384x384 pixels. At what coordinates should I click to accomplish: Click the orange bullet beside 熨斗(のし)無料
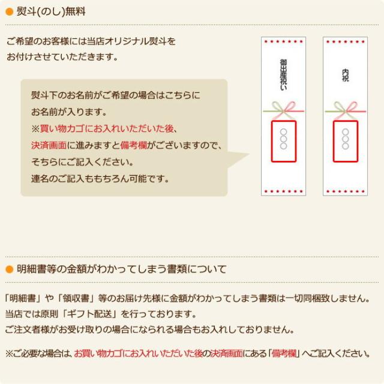click(x=9, y=11)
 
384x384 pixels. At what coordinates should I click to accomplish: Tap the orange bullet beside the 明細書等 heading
click(x=9, y=268)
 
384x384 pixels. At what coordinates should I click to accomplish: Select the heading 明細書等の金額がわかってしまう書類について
click(x=122, y=268)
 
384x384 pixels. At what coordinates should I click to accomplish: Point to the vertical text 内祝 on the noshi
click(x=345, y=75)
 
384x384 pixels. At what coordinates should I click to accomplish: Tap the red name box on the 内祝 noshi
click(x=345, y=141)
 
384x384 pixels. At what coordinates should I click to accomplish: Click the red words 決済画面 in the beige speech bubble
click(x=49, y=145)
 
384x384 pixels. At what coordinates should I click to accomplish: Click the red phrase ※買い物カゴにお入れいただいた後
click(x=105, y=128)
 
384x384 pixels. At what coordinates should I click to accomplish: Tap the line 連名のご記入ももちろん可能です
click(x=100, y=178)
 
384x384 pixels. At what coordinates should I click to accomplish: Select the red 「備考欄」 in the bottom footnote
click(x=284, y=353)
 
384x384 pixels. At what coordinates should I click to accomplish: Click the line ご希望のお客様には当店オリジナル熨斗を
click(x=91, y=41)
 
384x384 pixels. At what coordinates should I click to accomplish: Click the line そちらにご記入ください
click(x=82, y=162)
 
